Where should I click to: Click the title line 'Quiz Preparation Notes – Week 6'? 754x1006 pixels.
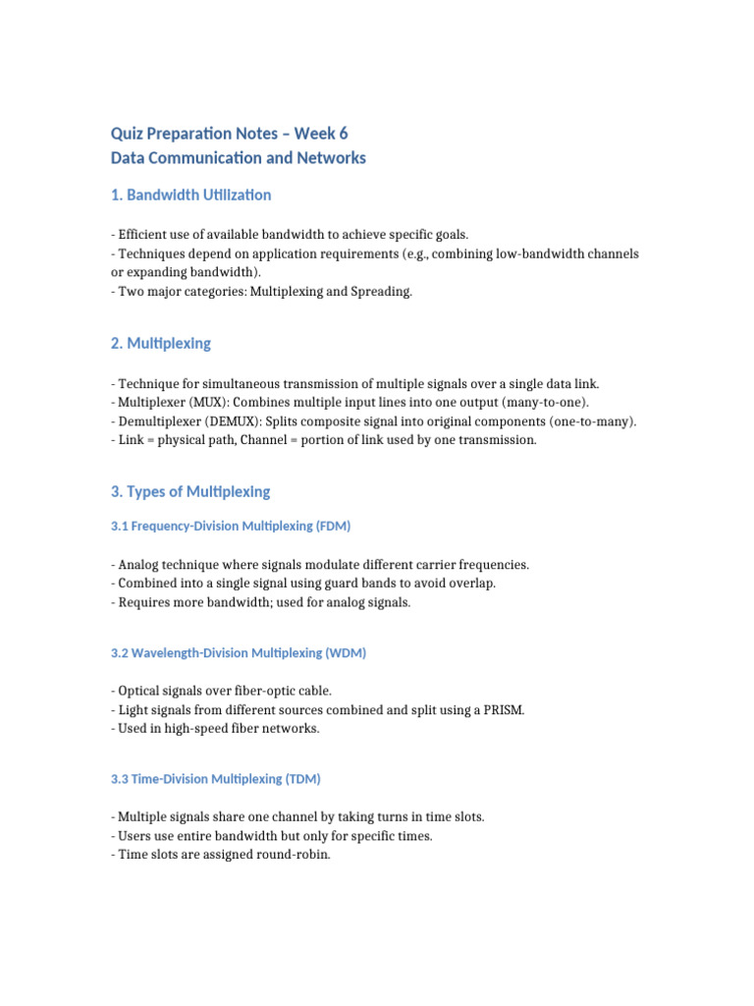(229, 133)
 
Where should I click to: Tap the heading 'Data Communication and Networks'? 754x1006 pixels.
(238, 157)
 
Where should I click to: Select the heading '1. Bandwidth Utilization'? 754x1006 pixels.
(190, 195)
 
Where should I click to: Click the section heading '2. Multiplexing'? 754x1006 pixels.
(160, 343)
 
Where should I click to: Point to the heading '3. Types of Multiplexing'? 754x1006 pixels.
(190, 491)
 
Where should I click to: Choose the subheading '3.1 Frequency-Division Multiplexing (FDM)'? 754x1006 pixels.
(231, 526)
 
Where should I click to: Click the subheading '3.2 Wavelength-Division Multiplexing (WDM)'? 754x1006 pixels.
(239, 652)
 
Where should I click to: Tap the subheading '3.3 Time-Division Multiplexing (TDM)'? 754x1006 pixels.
(216, 779)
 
